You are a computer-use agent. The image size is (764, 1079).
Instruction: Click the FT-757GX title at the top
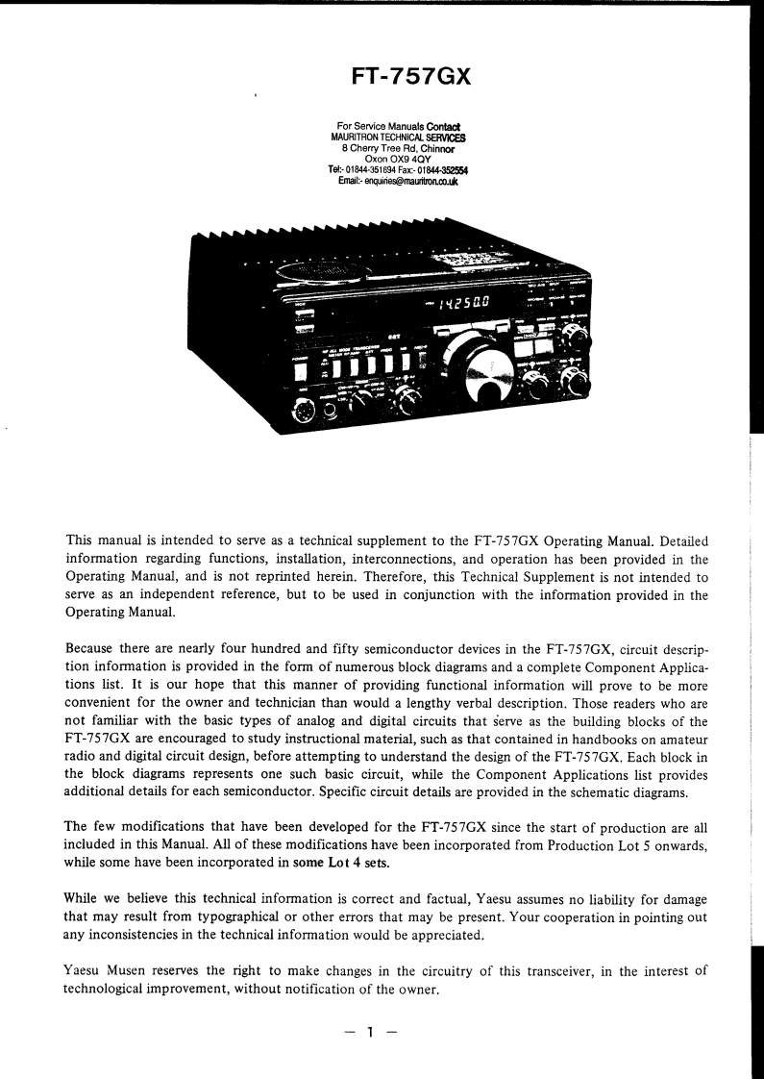[410, 74]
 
